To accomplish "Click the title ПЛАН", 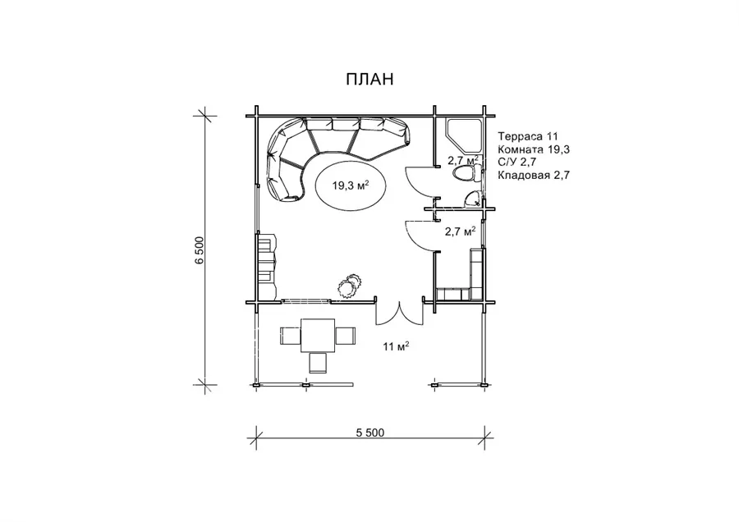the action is pos(369,80).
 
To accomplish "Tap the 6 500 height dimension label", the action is pos(200,250).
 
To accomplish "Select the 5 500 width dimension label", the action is pos(370,433).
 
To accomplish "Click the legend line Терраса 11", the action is pos(528,136).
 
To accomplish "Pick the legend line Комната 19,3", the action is pos(534,149).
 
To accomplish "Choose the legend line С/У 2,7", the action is pos(517,163).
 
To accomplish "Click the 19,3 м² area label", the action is pos(351,185).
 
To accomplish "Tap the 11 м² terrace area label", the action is pos(396,346).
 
